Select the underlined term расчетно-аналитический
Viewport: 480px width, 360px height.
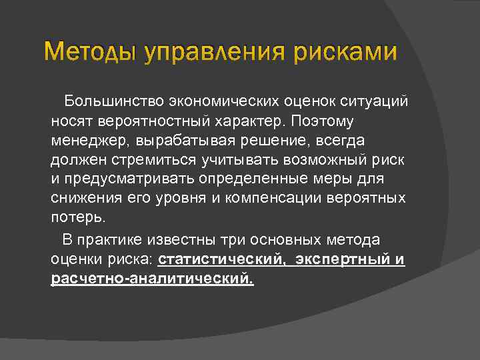pyautogui.click(x=152, y=279)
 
